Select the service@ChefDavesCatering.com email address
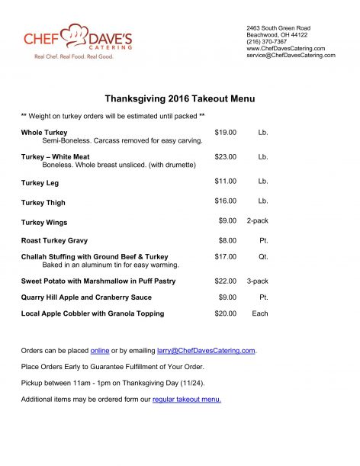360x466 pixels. tap(291, 55)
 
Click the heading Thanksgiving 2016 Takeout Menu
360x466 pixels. tap(179, 99)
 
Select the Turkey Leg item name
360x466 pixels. tap(40, 183)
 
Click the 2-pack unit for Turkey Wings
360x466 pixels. tap(257, 220)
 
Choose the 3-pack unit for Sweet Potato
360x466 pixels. tap(257, 281)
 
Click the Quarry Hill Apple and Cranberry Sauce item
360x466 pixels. tap(86, 297)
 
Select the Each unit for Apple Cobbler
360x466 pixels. tap(260, 313)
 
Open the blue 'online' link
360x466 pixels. tap(100, 351)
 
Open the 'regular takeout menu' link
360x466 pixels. tap(187, 399)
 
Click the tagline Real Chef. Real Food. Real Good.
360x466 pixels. tap(69, 56)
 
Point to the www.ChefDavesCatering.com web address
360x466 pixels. tap(286, 48)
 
